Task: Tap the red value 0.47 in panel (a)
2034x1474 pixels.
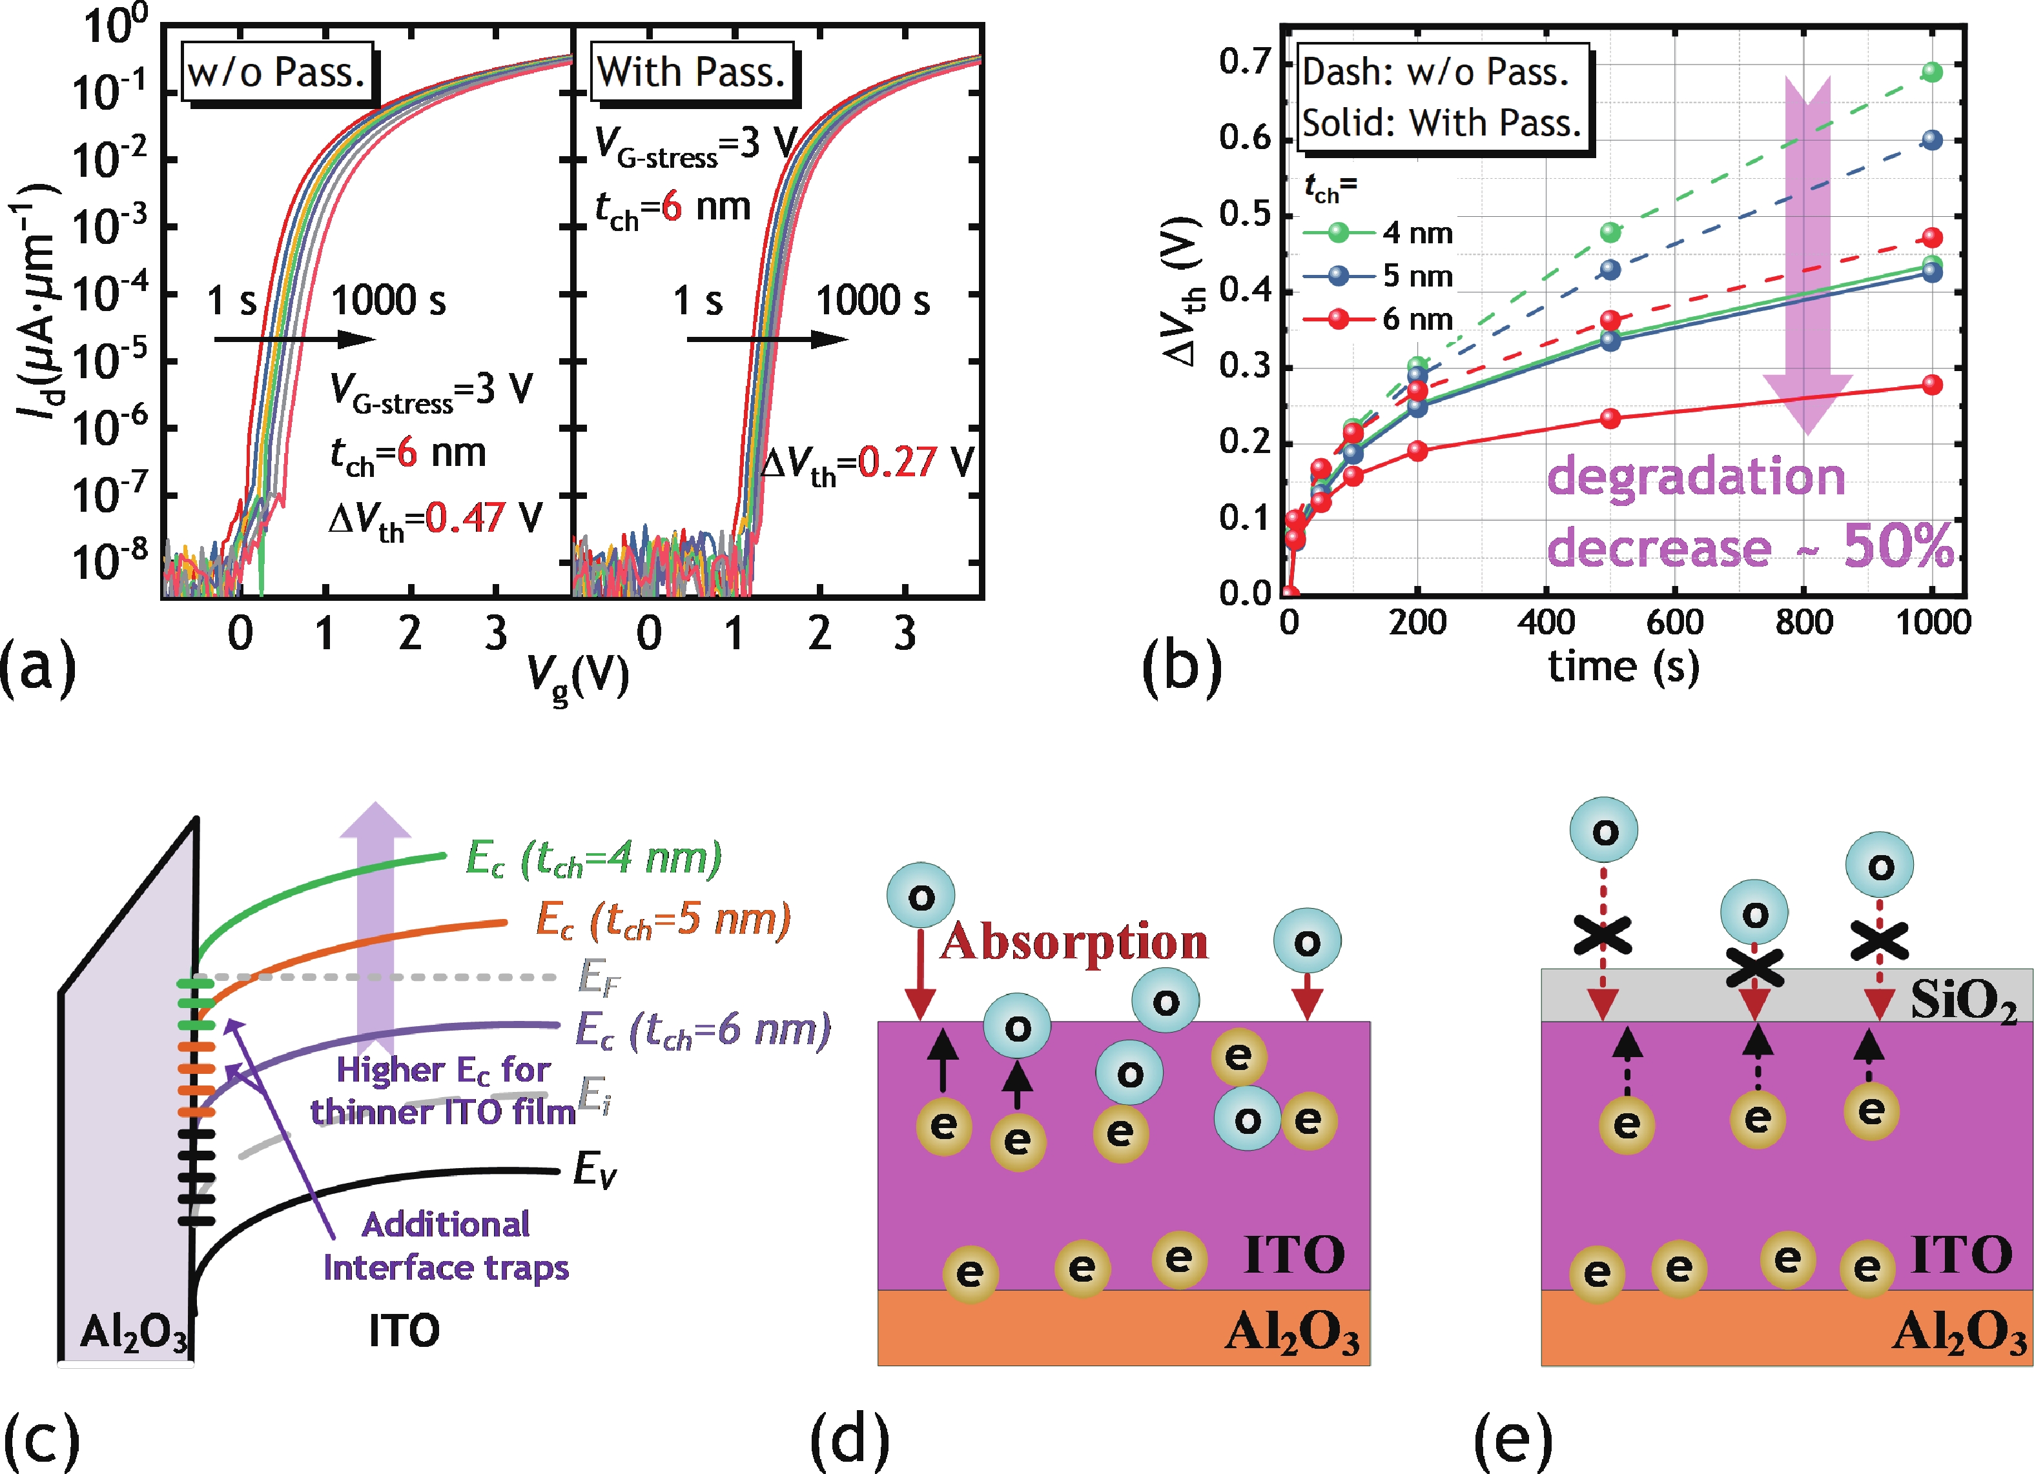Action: tap(464, 518)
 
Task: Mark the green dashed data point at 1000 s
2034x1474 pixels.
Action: tap(1932, 72)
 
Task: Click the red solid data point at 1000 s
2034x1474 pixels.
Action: tap(1932, 385)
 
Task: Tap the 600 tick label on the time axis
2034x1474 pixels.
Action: tap(1674, 622)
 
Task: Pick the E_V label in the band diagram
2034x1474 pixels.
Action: tap(595, 1170)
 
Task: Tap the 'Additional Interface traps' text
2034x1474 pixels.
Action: tap(446, 1246)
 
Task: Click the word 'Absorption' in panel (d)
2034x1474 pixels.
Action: tap(1074, 942)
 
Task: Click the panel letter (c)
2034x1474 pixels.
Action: tap(40, 1437)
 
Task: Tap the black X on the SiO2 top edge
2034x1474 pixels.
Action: tap(1754, 967)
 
